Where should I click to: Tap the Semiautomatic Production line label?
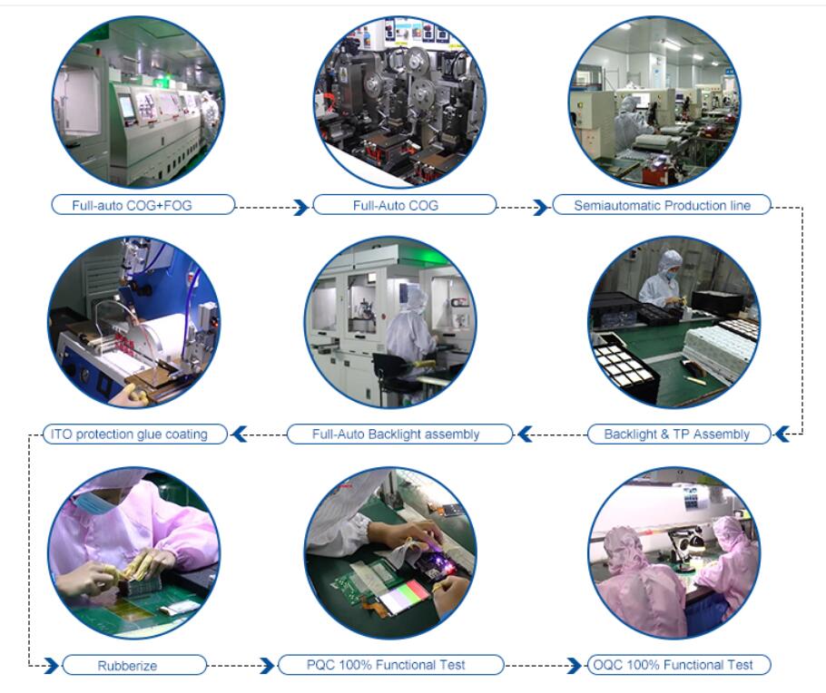pyautogui.click(x=662, y=205)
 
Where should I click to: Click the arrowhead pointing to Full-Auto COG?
pyautogui.click(x=300, y=207)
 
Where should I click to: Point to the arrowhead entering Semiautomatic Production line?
pyautogui.click(x=540, y=207)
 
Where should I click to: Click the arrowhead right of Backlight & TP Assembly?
pyautogui.click(x=782, y=434)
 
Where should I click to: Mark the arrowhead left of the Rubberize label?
pyautogui.click(x=51, y=665)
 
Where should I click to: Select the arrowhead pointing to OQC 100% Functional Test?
pyautogui.click(x=575, y=665)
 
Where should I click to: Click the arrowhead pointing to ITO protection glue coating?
pyautogui.click(x=240, y=434)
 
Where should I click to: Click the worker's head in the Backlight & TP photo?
pyautogui.click(x=670, y=265)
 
